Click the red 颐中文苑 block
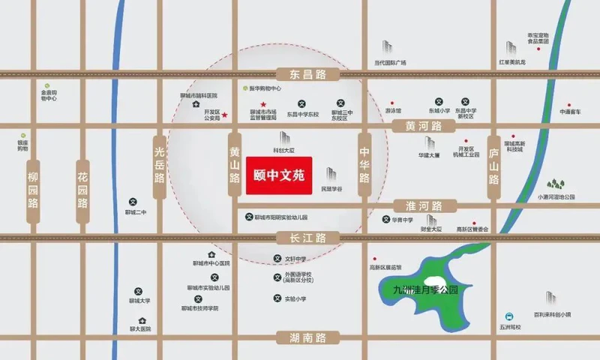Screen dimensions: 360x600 tap(279, 177)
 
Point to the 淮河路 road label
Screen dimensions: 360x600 tap(422, 205)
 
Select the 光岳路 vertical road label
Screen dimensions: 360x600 tap(159, 167)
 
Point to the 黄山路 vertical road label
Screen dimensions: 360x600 tap(235, 167)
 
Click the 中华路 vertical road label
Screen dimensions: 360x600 tap(364, 167)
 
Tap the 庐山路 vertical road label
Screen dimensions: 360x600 tap(493, 167)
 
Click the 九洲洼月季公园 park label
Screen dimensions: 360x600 tap(430, 289)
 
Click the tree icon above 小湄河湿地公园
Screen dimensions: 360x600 tap(556, 184)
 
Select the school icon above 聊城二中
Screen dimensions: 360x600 tap(133, 201)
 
